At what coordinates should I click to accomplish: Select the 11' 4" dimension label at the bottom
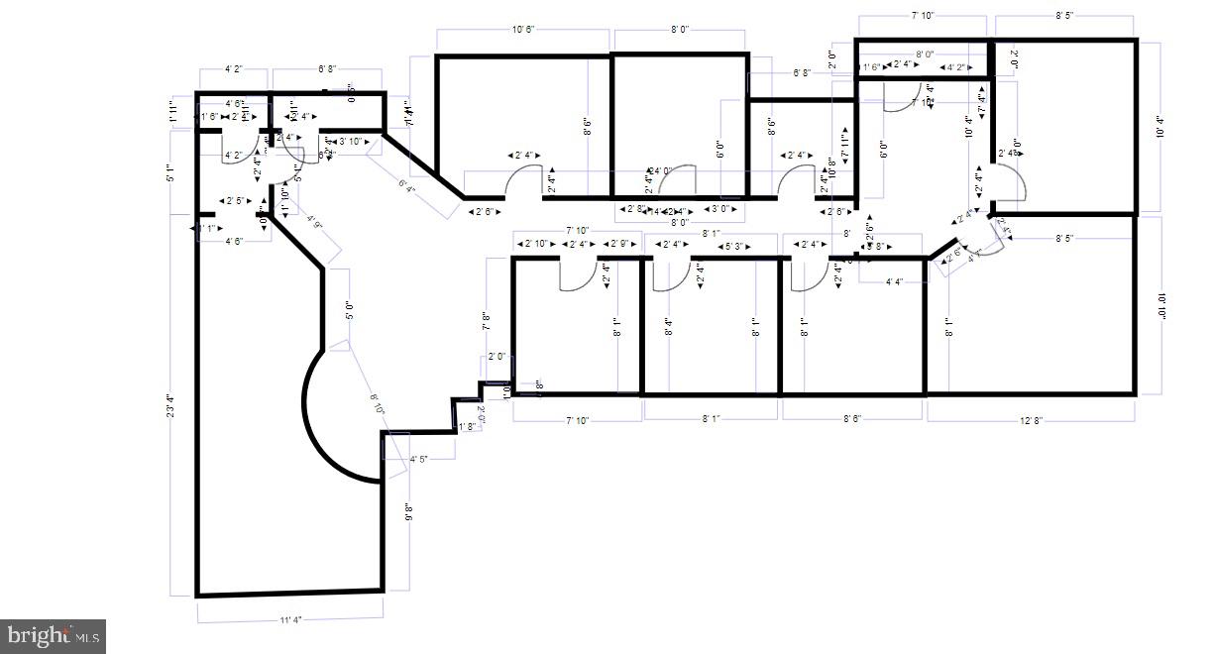[x=289, y=620]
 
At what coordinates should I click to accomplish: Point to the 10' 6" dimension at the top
[x=523, y=30]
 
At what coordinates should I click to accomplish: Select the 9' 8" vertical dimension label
[x=408, y=512]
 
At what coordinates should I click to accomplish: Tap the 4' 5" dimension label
[x=419, y=459]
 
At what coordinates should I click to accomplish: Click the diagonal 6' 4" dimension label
[x=407, y=184]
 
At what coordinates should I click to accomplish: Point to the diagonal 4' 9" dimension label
[x=315, y=225]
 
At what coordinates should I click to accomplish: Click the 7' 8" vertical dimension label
[x=487, y=319]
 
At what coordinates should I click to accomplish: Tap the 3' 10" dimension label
[x=350, y=142]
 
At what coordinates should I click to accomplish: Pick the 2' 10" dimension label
[x=536, y=245]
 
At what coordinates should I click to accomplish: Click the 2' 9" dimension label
[x=621, y=245]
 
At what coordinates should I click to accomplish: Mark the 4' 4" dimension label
[x=893, y=281]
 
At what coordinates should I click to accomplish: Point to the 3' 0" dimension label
[x=724, y=209]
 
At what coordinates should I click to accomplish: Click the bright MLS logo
[x=54, y=635]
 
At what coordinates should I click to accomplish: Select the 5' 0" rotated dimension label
[x=349, y=311]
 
